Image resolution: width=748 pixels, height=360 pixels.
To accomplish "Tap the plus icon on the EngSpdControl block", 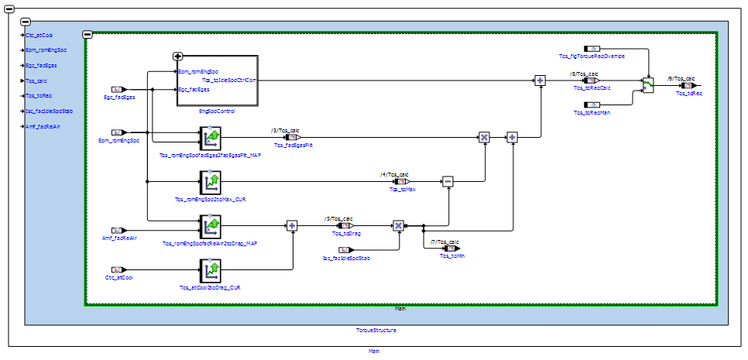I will (x=178, y=57).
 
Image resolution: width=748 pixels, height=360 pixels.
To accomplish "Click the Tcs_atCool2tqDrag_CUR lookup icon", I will (x=211, y=271).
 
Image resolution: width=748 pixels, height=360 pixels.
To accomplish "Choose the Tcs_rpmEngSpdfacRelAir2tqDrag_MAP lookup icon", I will (x=211, y=226).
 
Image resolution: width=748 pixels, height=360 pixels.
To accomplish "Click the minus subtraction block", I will (x=448, y=181).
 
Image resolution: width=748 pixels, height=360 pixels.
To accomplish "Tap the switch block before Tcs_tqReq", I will (x=648, y=85).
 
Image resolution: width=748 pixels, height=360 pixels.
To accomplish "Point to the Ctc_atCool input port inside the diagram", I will (x=118, y=270).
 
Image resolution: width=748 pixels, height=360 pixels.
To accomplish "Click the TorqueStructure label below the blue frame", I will (x=376, y=331).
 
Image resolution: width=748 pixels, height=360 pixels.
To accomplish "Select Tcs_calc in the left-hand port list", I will (x=37, y=81).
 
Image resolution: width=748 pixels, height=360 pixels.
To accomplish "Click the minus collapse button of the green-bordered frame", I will (x=87, y=34).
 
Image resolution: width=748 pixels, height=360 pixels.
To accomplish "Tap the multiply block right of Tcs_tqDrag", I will (x=398, y=226).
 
